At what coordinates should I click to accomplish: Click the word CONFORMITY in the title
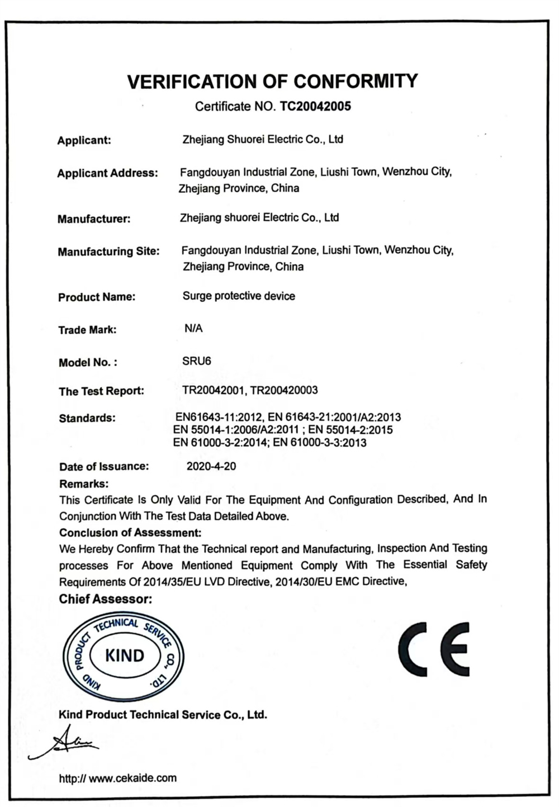click(x=356, y=82)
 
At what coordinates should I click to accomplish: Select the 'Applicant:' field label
click(x=84, y=140)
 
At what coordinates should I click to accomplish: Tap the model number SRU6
click(x=196, y=361)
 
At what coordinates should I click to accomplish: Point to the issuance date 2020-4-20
click(x=211, y=466)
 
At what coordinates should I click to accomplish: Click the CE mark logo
click(x=434, y=649)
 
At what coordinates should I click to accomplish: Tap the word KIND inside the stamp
click(x=124, y=655)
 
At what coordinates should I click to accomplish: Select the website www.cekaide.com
click(x=132, y=778)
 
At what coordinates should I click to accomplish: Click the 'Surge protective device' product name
click(x=239, y=296)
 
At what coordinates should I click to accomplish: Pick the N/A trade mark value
click(x=193, y=329)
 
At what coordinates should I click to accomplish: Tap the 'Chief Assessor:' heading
click(x=106, y=599)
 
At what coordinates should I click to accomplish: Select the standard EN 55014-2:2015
click(x=350, y=430)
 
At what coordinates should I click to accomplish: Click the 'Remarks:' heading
click(x=84, y=483)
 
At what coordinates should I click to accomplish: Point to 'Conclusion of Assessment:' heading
click(x=130, y=533)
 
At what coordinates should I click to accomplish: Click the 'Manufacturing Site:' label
click(x=108, y=251)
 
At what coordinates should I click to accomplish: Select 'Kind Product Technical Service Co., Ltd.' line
click(x=163, y=714)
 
